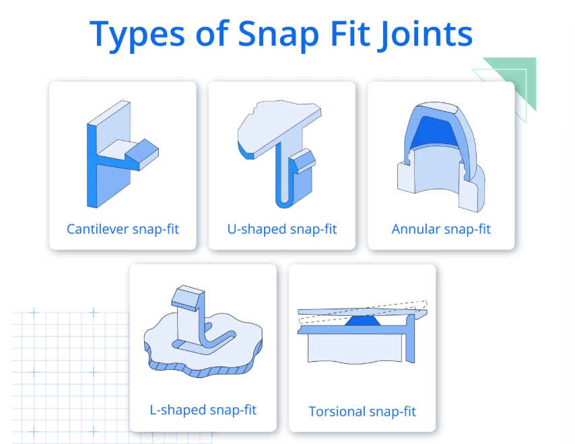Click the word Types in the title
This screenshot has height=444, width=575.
[137, 34]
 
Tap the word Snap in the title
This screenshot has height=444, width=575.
[278, 34]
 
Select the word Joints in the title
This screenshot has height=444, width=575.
[426, 34]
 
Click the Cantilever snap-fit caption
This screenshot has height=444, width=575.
[123, 229]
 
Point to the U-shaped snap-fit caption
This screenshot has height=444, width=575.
[282, 229]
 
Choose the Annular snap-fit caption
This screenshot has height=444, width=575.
[441, 229]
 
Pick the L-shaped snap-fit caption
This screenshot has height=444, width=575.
[203, 410]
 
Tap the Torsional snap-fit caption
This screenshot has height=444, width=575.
[362, 412]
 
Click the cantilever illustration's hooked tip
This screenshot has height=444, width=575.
[143, 154]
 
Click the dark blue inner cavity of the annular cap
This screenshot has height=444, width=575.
[434, 131]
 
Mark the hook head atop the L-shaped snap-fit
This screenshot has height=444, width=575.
[188, 298]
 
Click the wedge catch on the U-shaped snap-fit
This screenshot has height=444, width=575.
[302, 161]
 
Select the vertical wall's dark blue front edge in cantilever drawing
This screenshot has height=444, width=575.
[92, 166]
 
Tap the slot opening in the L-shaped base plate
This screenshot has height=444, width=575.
[204, 344]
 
